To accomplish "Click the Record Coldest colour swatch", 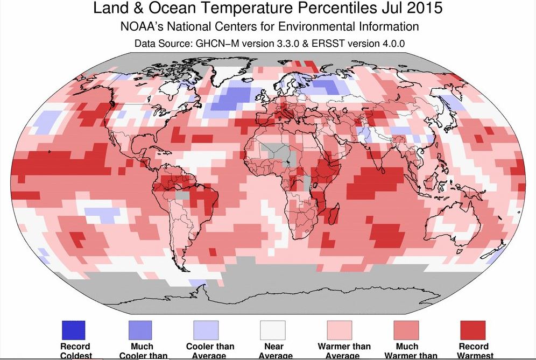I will coord(75,330).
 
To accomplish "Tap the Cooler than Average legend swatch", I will coord(206,330).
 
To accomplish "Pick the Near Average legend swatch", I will coord(273,330).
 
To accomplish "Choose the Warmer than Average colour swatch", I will coord(339,330).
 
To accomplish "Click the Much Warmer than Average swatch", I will coord(406,330).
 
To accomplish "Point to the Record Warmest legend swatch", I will coord(472,330).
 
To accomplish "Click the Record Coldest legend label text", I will coord(75,351).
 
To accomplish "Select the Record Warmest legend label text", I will coord(474,351).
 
